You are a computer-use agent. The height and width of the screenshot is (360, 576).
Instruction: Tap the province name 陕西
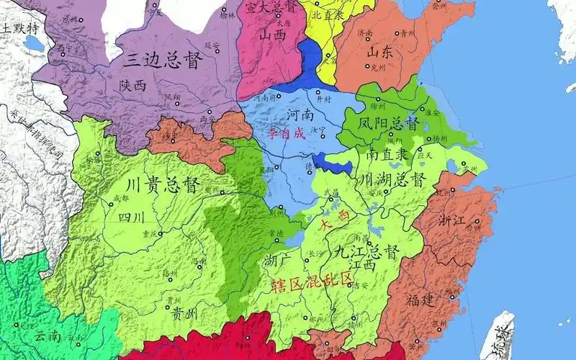pyautogui.click(x=133, y=85)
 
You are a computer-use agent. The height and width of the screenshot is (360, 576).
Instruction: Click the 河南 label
pyautogui.click(x=301, y=114)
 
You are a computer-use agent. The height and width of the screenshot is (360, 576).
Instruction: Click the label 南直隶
pyautogui.click(x=387, y=154)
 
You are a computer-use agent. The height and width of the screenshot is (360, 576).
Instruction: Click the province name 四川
pyautogui.click(x=132, y=216)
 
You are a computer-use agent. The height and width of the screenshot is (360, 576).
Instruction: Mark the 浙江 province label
pyautogui.click(x=458, y=220)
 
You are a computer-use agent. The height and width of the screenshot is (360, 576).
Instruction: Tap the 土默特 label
pyautogui.click(x=21, y=28)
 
